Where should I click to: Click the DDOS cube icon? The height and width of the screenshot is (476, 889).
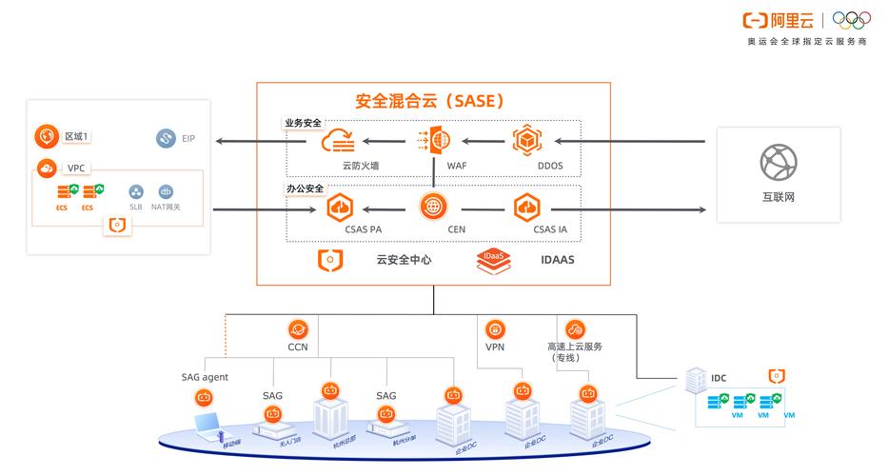tap(527, 141)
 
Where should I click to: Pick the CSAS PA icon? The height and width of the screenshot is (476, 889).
tap(340, 207)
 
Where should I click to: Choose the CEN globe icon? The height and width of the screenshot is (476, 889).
tap(434, 206)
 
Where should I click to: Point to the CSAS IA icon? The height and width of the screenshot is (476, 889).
tap(527, 207)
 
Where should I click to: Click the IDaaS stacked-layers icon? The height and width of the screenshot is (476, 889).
tap(493, 260)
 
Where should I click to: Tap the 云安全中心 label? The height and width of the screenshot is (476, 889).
tap(404, 259)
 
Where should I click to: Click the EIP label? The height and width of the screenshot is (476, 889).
tap(188, 139)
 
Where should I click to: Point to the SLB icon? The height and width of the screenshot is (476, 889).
tap(136, 192)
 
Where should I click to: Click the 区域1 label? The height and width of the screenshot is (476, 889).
tap(76, 137)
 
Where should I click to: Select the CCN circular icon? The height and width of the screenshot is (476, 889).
tap(298, 329)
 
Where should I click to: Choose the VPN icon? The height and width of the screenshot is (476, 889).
tap(495, 329)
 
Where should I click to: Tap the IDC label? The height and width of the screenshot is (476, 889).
tap(719, 378)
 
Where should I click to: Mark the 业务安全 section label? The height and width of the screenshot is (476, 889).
tap(304, 123)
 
